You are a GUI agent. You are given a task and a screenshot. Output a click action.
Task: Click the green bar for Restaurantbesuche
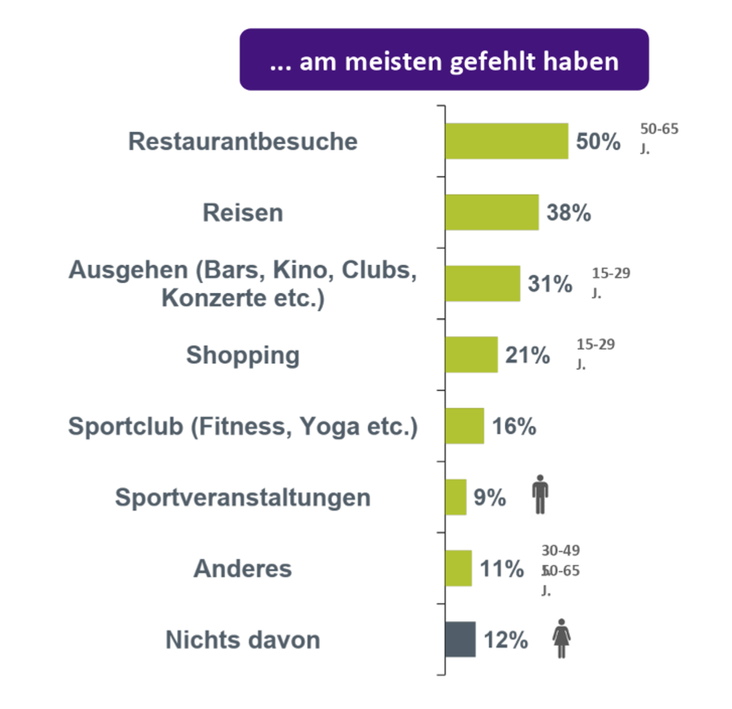(x=507, y=141)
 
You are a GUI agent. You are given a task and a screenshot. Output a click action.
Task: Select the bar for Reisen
(x=492, y=212)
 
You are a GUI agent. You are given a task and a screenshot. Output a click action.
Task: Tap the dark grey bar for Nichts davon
(x=460, y=639)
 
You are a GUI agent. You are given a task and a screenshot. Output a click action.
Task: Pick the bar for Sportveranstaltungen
(x=456, y=497)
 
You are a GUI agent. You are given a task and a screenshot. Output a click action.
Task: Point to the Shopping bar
(x=471, y=355)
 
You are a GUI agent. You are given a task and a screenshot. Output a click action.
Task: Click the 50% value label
(x=598, y=141)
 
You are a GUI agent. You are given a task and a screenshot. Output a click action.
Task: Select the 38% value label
(x=569, y=213)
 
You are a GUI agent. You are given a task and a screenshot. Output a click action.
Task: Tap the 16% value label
(x=514, y=426)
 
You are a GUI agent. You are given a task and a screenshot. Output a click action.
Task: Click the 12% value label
(x=506, y=640)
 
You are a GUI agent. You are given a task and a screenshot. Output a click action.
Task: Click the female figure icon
(x=561, y=639)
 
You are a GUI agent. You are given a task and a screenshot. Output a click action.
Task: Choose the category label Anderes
(x=243, y=569)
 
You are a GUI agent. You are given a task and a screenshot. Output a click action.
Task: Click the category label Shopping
(x=243, y=355)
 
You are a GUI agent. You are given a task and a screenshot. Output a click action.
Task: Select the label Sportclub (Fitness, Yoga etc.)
(x=243, y=426)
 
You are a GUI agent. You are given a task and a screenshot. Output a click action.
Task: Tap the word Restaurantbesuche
(x=243, y=141)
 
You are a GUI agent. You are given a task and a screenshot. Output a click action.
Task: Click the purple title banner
(x=444, y=60)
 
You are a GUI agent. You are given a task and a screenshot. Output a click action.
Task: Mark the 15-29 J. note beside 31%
(x=610, y=282)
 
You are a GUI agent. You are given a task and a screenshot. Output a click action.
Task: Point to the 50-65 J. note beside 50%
(x=659, y=138)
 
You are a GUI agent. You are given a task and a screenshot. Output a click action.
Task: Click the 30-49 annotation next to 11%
(x=560, y=550)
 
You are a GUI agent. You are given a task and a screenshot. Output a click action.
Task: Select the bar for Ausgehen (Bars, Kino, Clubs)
(x=482, y=284)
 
